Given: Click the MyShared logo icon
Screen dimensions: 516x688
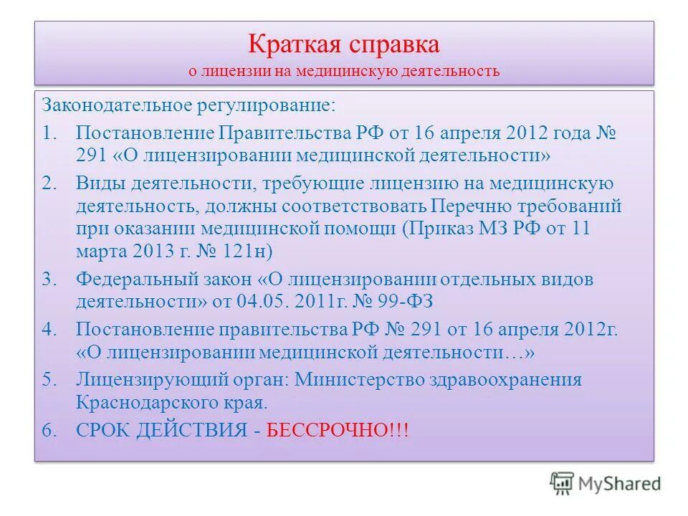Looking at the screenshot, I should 563,483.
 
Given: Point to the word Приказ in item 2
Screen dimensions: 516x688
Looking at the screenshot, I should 440,229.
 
